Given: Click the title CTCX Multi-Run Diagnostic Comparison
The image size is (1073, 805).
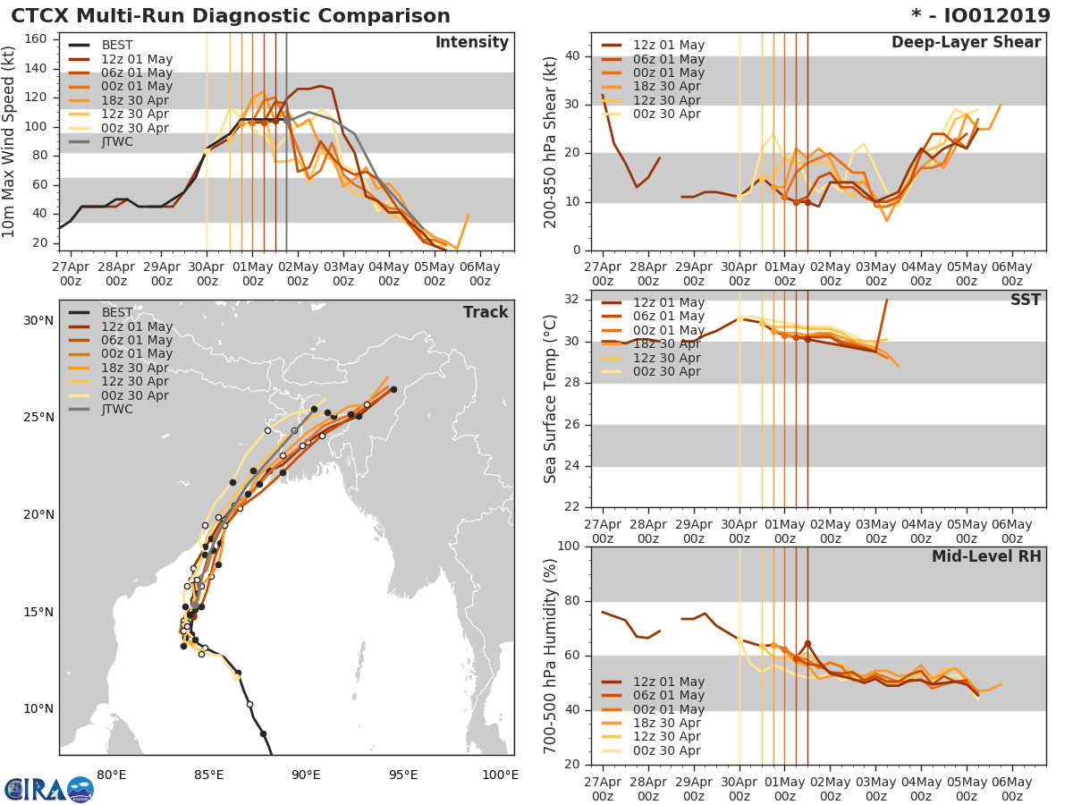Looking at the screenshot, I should [231, 16].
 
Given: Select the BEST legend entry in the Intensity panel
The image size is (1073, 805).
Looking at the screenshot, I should [116, 46].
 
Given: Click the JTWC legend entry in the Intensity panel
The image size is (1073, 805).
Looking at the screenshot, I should [117, 142].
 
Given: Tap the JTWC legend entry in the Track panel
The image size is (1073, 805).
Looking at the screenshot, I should [117, 410].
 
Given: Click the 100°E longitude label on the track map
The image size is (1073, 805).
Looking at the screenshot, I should [500, 775].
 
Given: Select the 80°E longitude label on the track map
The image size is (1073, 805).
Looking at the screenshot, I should [111, 775].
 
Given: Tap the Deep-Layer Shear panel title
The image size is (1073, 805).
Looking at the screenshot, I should [966, 43].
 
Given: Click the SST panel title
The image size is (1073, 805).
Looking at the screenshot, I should [1025, 301].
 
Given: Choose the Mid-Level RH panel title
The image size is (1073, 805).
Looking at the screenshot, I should [986, 556].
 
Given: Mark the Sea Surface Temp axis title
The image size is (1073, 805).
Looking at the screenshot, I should [551, 398].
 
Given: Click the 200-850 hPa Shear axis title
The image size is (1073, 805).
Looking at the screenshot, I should [551, 141].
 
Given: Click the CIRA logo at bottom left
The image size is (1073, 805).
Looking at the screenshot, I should [48, 790].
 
